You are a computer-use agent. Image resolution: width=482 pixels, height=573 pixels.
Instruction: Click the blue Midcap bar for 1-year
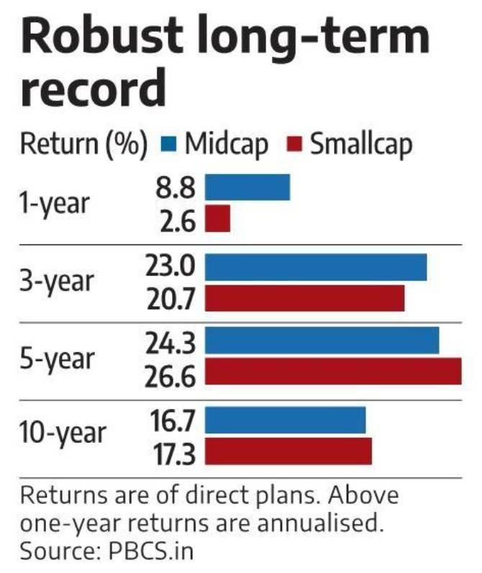coord(247,187)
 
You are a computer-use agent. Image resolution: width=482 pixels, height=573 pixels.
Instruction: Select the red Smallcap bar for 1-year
coord(217,219)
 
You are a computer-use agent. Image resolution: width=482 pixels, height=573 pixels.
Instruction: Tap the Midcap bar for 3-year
coord(316,267)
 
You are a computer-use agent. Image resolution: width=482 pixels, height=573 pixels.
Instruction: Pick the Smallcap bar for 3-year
coord(305,298)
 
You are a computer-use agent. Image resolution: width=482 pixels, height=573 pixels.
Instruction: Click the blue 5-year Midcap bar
coord(322,340)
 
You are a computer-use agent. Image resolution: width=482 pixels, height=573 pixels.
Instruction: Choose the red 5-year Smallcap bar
coord(333,372)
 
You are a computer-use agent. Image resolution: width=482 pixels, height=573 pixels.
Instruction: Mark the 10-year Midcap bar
coord(286,421)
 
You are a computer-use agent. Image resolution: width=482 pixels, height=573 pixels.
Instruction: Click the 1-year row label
coord(55,203)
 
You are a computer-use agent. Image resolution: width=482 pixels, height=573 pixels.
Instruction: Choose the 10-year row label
coord(63,434)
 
